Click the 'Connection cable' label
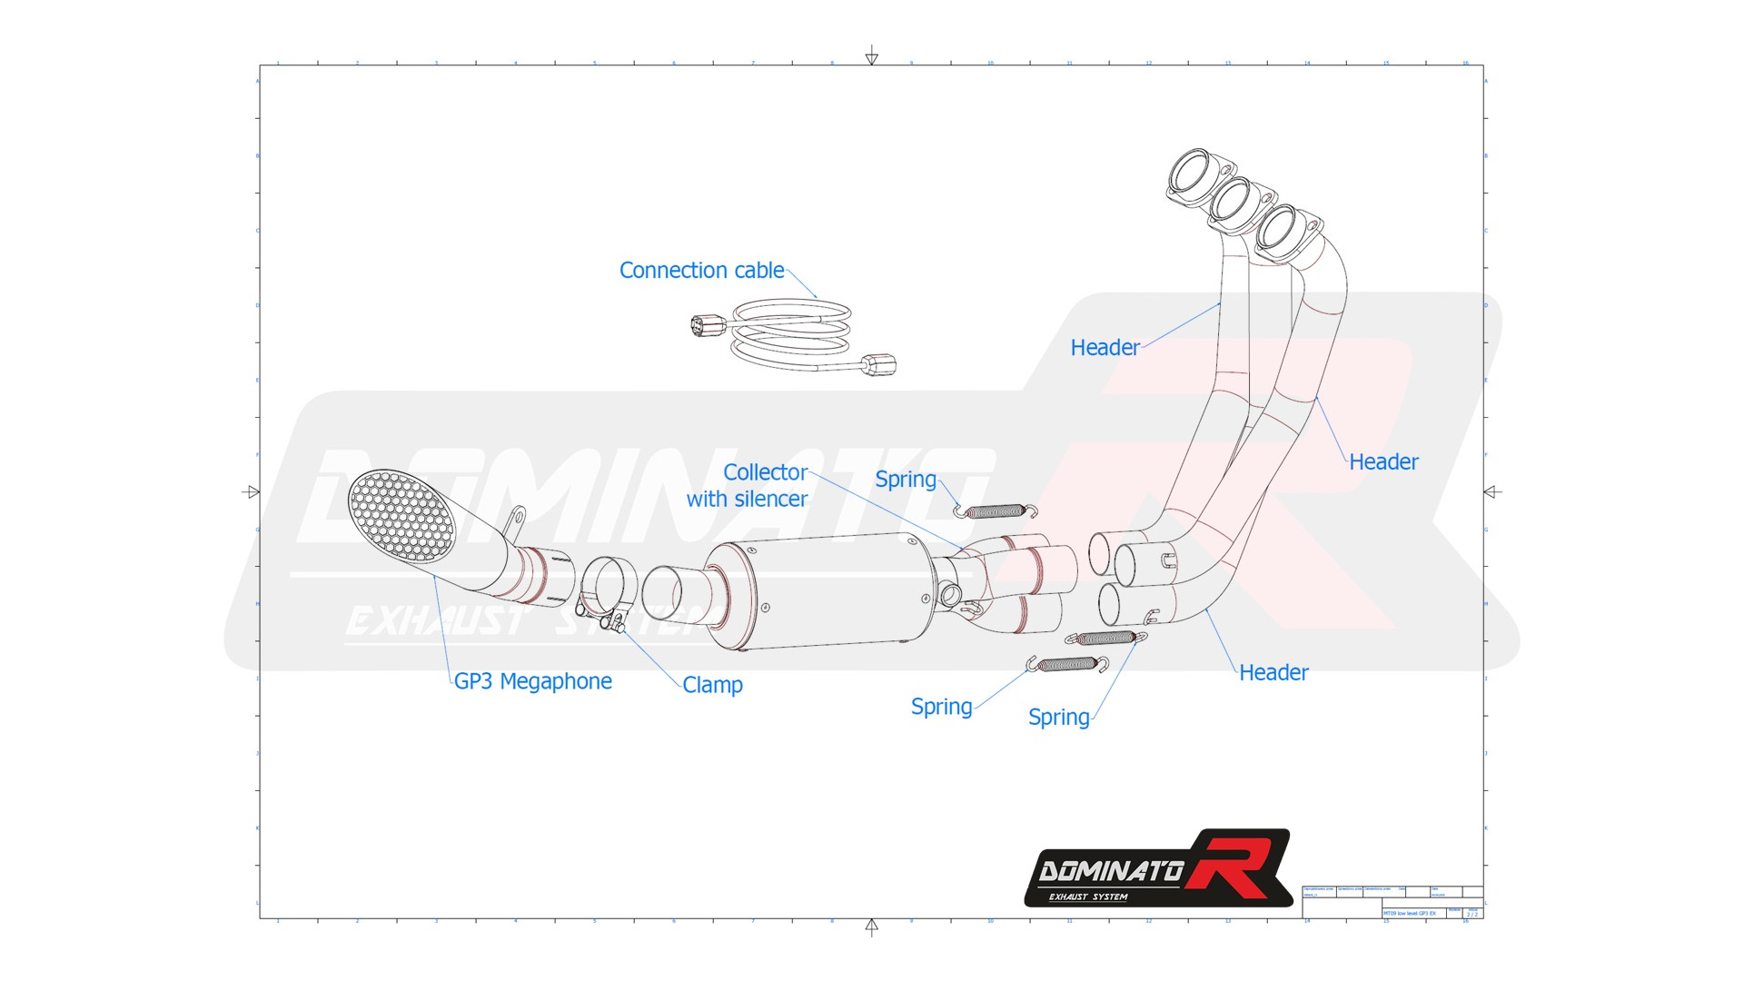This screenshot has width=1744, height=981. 701,271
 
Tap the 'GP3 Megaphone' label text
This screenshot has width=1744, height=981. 532,681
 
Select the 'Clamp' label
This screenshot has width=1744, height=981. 712,685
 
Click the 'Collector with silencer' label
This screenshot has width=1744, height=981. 748,486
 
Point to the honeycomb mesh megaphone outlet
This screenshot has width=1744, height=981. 401,514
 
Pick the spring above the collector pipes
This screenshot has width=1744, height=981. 995,511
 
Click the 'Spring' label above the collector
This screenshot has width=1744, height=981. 905,480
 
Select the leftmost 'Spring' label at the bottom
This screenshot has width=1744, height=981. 941,707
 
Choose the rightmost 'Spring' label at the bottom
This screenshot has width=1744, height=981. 1058,718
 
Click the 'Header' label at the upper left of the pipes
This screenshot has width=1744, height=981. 1105,348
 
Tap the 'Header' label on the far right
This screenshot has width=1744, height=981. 1382,462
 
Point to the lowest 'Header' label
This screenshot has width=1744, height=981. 1273,673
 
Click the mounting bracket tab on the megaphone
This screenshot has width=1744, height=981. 516,522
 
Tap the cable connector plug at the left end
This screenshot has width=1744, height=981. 708,324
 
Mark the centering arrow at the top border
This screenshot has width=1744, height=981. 871,56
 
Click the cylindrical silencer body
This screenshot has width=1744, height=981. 827,590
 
